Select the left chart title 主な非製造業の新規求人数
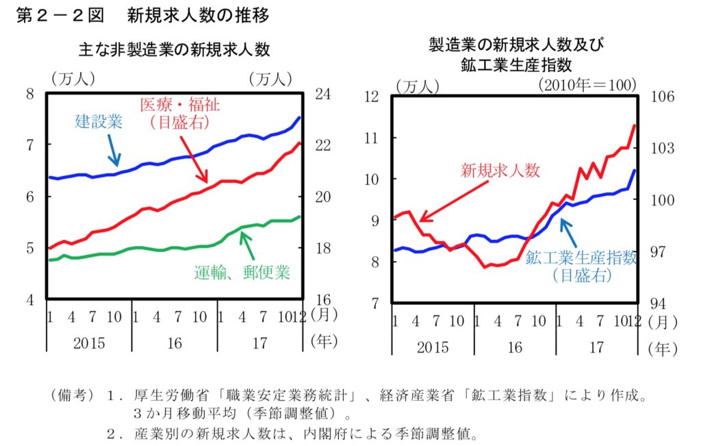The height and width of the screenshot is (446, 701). tap(175, 49)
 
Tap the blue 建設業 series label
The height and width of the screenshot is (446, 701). tap(99, 123)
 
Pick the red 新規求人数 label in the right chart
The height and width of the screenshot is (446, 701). tap(500, 171)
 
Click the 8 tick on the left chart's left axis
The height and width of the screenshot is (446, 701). tap(30, 94)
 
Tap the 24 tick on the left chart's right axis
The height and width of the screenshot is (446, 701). tap(322, 94)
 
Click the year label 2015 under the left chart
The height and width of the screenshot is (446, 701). tap(89, 343)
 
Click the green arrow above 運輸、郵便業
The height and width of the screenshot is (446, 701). tap(247, 243)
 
